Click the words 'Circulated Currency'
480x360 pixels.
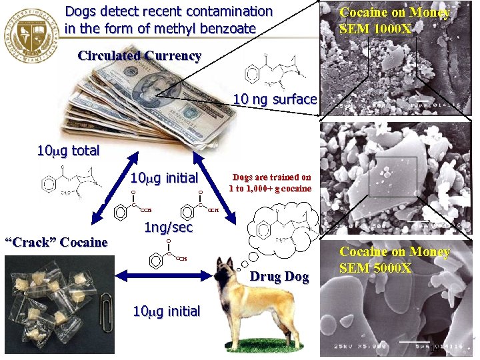click(x=139, y=56)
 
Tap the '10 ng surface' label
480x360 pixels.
click(x=275, y=99)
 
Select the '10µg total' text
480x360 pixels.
click(x=67, y=151)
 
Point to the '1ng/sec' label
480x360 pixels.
click(x=169, y=227)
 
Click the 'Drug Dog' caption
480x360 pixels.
click(x=279, y=277)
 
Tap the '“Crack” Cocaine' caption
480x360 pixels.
click(x=56, y=242)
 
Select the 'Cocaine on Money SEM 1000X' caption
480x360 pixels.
click(x=395, y=21)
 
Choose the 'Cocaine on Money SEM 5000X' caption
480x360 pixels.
click(x=395, y=260)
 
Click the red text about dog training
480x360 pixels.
click(x=270, y=183)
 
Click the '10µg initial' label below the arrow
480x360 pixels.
click(x=166, y=311)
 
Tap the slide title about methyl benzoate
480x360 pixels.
click(x=169, y=20)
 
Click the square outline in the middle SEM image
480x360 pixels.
click(x=401, y=177)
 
